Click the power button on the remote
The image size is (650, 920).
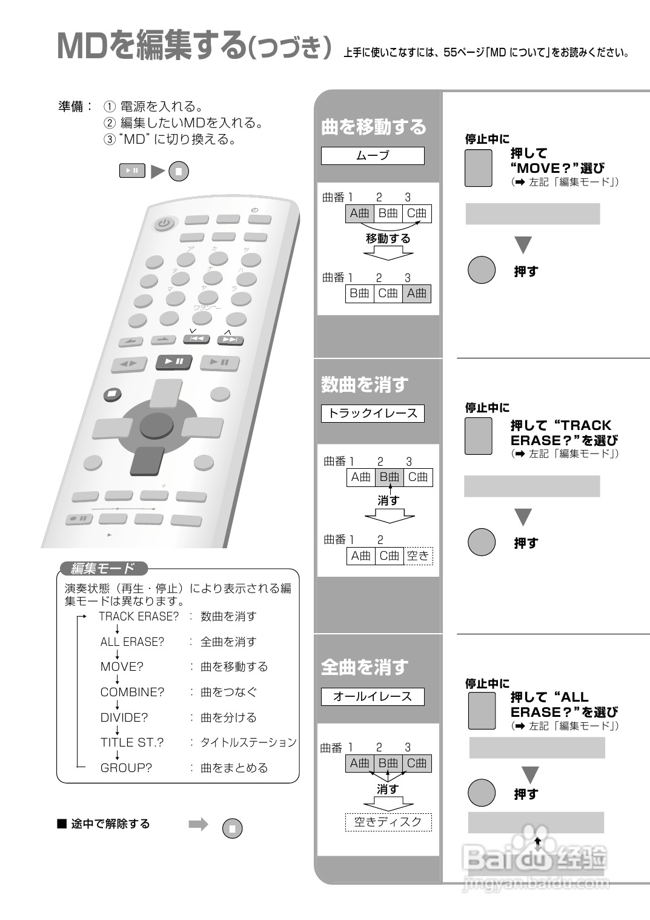click(163, 224)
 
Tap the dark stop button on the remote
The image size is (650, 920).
click(111, 394)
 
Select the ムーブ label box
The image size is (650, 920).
click(373, 156)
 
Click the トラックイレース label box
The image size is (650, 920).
click(373, 414)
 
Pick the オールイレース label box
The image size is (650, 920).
click(373, 697)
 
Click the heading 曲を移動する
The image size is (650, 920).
click(374, 127)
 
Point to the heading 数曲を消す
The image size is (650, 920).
click(365, 384)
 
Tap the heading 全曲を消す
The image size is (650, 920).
click(365, 668)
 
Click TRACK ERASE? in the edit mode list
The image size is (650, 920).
click(139, 617)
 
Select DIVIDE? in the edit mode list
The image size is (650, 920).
click(124, 717)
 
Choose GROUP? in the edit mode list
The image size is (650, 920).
click(126, 768)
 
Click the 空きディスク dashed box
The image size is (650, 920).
click(388, 822)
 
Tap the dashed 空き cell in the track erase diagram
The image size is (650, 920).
click(418, 556)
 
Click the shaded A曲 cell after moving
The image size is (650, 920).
click(417, 294)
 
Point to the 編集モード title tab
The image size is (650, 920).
click(103, 569)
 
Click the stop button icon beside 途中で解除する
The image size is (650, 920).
click(233, 828)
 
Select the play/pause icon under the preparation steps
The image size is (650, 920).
click(132, 171)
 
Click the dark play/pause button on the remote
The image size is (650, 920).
click(174, 362)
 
